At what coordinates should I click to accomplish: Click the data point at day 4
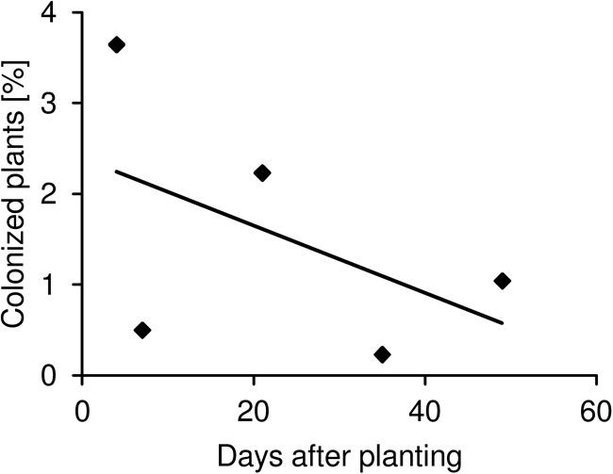point(117,44)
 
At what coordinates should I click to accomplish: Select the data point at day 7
point(142,330)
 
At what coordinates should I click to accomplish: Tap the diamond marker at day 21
point(262,172)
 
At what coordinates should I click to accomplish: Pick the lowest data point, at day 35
point(382,354)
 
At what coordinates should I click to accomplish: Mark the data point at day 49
point(502,281)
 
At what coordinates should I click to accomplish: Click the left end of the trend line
point(117,172)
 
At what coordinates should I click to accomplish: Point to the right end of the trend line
point(502,323)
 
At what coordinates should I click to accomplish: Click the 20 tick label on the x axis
point(254,415)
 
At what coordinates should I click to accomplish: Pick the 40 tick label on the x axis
point(424,415)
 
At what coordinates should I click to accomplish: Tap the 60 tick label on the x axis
point(596,415)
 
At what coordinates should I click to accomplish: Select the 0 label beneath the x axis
point(83,415)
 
